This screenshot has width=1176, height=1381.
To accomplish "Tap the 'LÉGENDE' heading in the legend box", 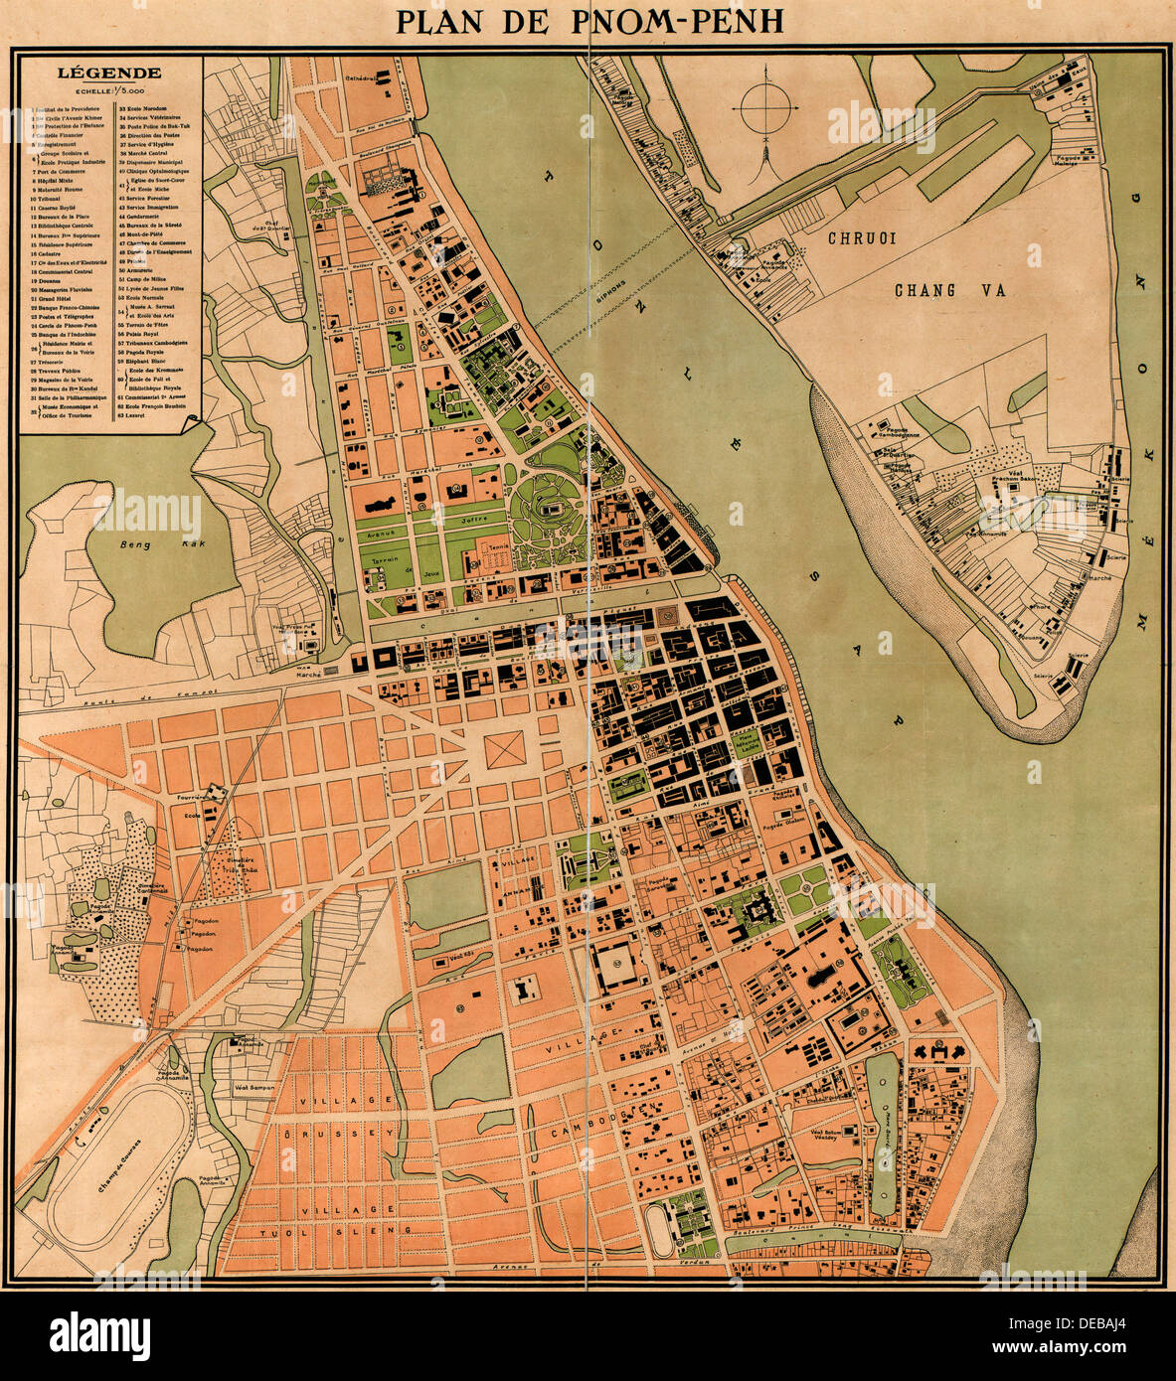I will click(109, 73).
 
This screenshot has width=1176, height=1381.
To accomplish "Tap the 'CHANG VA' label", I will click(924, 290).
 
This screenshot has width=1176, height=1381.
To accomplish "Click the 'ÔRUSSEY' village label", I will click(341, 1132).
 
